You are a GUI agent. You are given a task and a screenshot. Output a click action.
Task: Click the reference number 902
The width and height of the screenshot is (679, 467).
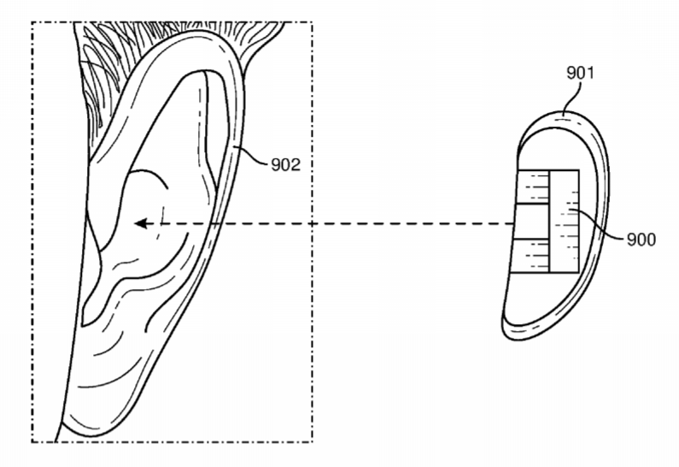tap(286, 165)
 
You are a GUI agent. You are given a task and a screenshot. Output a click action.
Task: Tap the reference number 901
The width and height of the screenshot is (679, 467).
tap(580, 73)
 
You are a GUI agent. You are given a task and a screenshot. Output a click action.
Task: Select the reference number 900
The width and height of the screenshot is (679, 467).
tap(641, 239)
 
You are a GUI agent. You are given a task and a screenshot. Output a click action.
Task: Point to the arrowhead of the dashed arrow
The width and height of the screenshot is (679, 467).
tap(142, 224)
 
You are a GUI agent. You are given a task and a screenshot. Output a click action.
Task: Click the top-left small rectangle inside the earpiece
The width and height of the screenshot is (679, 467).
tap(534, 186)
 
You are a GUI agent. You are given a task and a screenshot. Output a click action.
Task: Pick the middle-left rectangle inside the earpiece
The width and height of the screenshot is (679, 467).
tap(532, 221)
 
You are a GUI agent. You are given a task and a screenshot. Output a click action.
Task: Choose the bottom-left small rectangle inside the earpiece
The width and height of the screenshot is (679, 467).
tap(530, 256)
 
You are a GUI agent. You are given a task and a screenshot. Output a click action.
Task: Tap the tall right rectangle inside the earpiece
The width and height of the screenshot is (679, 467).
tap(565, 222)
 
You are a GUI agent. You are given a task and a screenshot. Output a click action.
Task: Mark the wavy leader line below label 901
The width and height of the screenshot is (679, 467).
tap(572, 98)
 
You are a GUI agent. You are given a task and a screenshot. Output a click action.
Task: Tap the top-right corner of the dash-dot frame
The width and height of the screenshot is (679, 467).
tap(313, 22)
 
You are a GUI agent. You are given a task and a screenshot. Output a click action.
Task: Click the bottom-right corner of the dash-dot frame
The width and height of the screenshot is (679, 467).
tap(313, 442)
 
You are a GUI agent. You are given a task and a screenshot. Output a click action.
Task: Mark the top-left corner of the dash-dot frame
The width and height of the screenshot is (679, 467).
tap(32, 22)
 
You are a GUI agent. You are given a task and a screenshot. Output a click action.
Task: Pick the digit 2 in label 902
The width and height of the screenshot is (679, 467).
tap(296, 165)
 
